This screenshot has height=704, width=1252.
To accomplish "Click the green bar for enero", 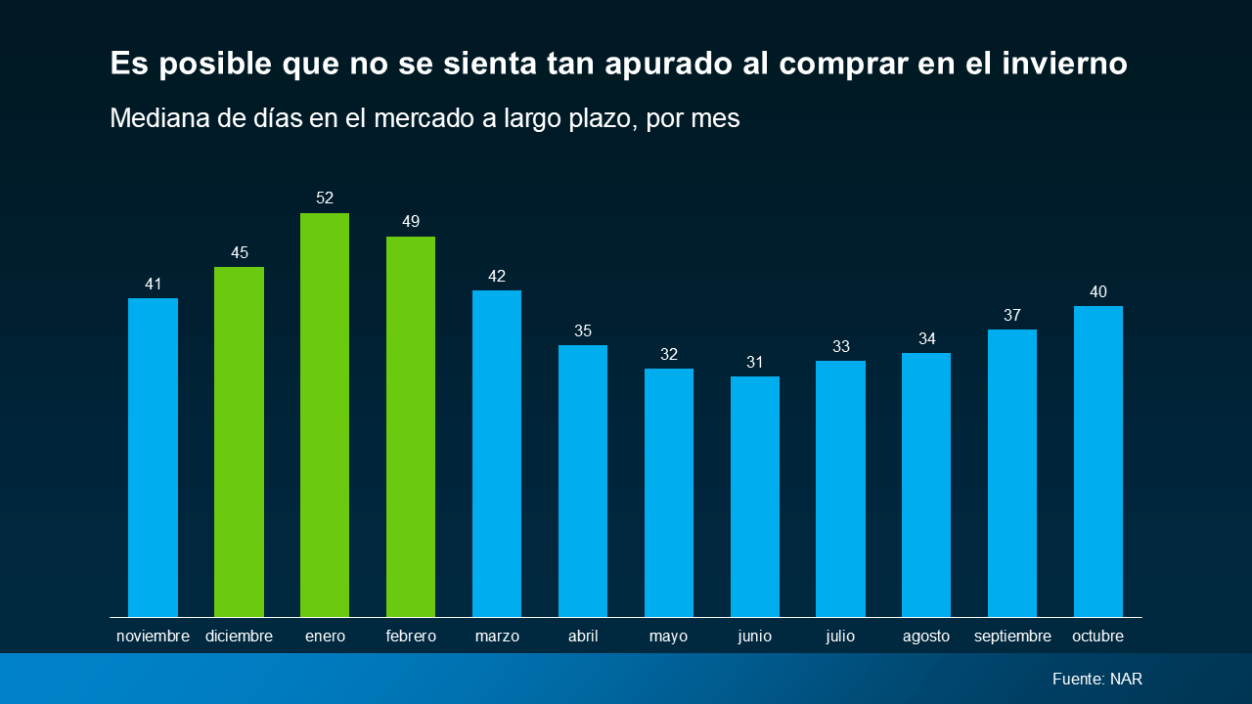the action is [325, 415].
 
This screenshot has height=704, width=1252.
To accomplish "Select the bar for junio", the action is [754, 496].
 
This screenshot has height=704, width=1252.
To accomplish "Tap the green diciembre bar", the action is [240, 441].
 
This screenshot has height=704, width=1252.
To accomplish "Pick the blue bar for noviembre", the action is [154, 457].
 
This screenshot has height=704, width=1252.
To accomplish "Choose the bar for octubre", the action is [1098, 461].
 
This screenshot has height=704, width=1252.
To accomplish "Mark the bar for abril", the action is [583, 480].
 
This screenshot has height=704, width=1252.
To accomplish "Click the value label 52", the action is [325, 198].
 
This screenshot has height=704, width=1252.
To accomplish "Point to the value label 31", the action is [754, 362].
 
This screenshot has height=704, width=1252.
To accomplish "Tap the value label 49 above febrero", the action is [411, 221].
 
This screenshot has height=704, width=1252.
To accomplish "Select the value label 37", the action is [1012, 315].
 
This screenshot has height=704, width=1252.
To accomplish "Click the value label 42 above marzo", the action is [497, 276].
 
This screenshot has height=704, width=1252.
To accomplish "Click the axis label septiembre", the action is [1012, 637].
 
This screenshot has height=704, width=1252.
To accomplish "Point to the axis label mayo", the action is [668, 637].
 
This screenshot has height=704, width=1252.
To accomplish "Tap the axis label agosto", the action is [926, 637].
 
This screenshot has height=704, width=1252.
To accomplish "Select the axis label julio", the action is [840, 637].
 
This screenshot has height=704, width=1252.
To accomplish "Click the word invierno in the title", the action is [1064, 63].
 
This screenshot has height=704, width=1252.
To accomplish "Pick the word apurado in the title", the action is [668, 65].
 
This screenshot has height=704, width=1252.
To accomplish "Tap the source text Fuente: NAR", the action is [1097, 679].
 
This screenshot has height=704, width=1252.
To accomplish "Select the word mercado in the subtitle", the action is [425, 118].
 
